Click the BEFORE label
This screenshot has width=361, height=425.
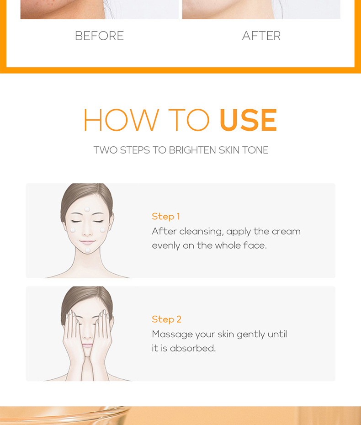pyautogui.click(x=99, y=36)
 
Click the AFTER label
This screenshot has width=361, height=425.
pyautogui.click(x=261, y=36)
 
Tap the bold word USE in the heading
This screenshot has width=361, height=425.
pyautogui.click(x=248, y=120)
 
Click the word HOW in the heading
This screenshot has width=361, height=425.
pyautogui.click(x=121, y=120)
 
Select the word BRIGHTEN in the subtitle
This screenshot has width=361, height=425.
pyautogui.click(x=193, y=150)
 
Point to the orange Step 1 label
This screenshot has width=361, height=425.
pyautogui.click(x=166, y=216)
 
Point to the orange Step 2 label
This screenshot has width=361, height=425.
pyautogui.click(x=166, y=319)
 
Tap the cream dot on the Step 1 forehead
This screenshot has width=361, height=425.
pyautogui.click(x=87, y=209)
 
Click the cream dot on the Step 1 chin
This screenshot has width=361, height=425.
pyautogui.click(x=88, y=250)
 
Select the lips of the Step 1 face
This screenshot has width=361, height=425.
pyautogui.click(x=87, y=242)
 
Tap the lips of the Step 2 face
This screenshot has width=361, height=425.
pyautogui.click(x=87, y=345)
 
